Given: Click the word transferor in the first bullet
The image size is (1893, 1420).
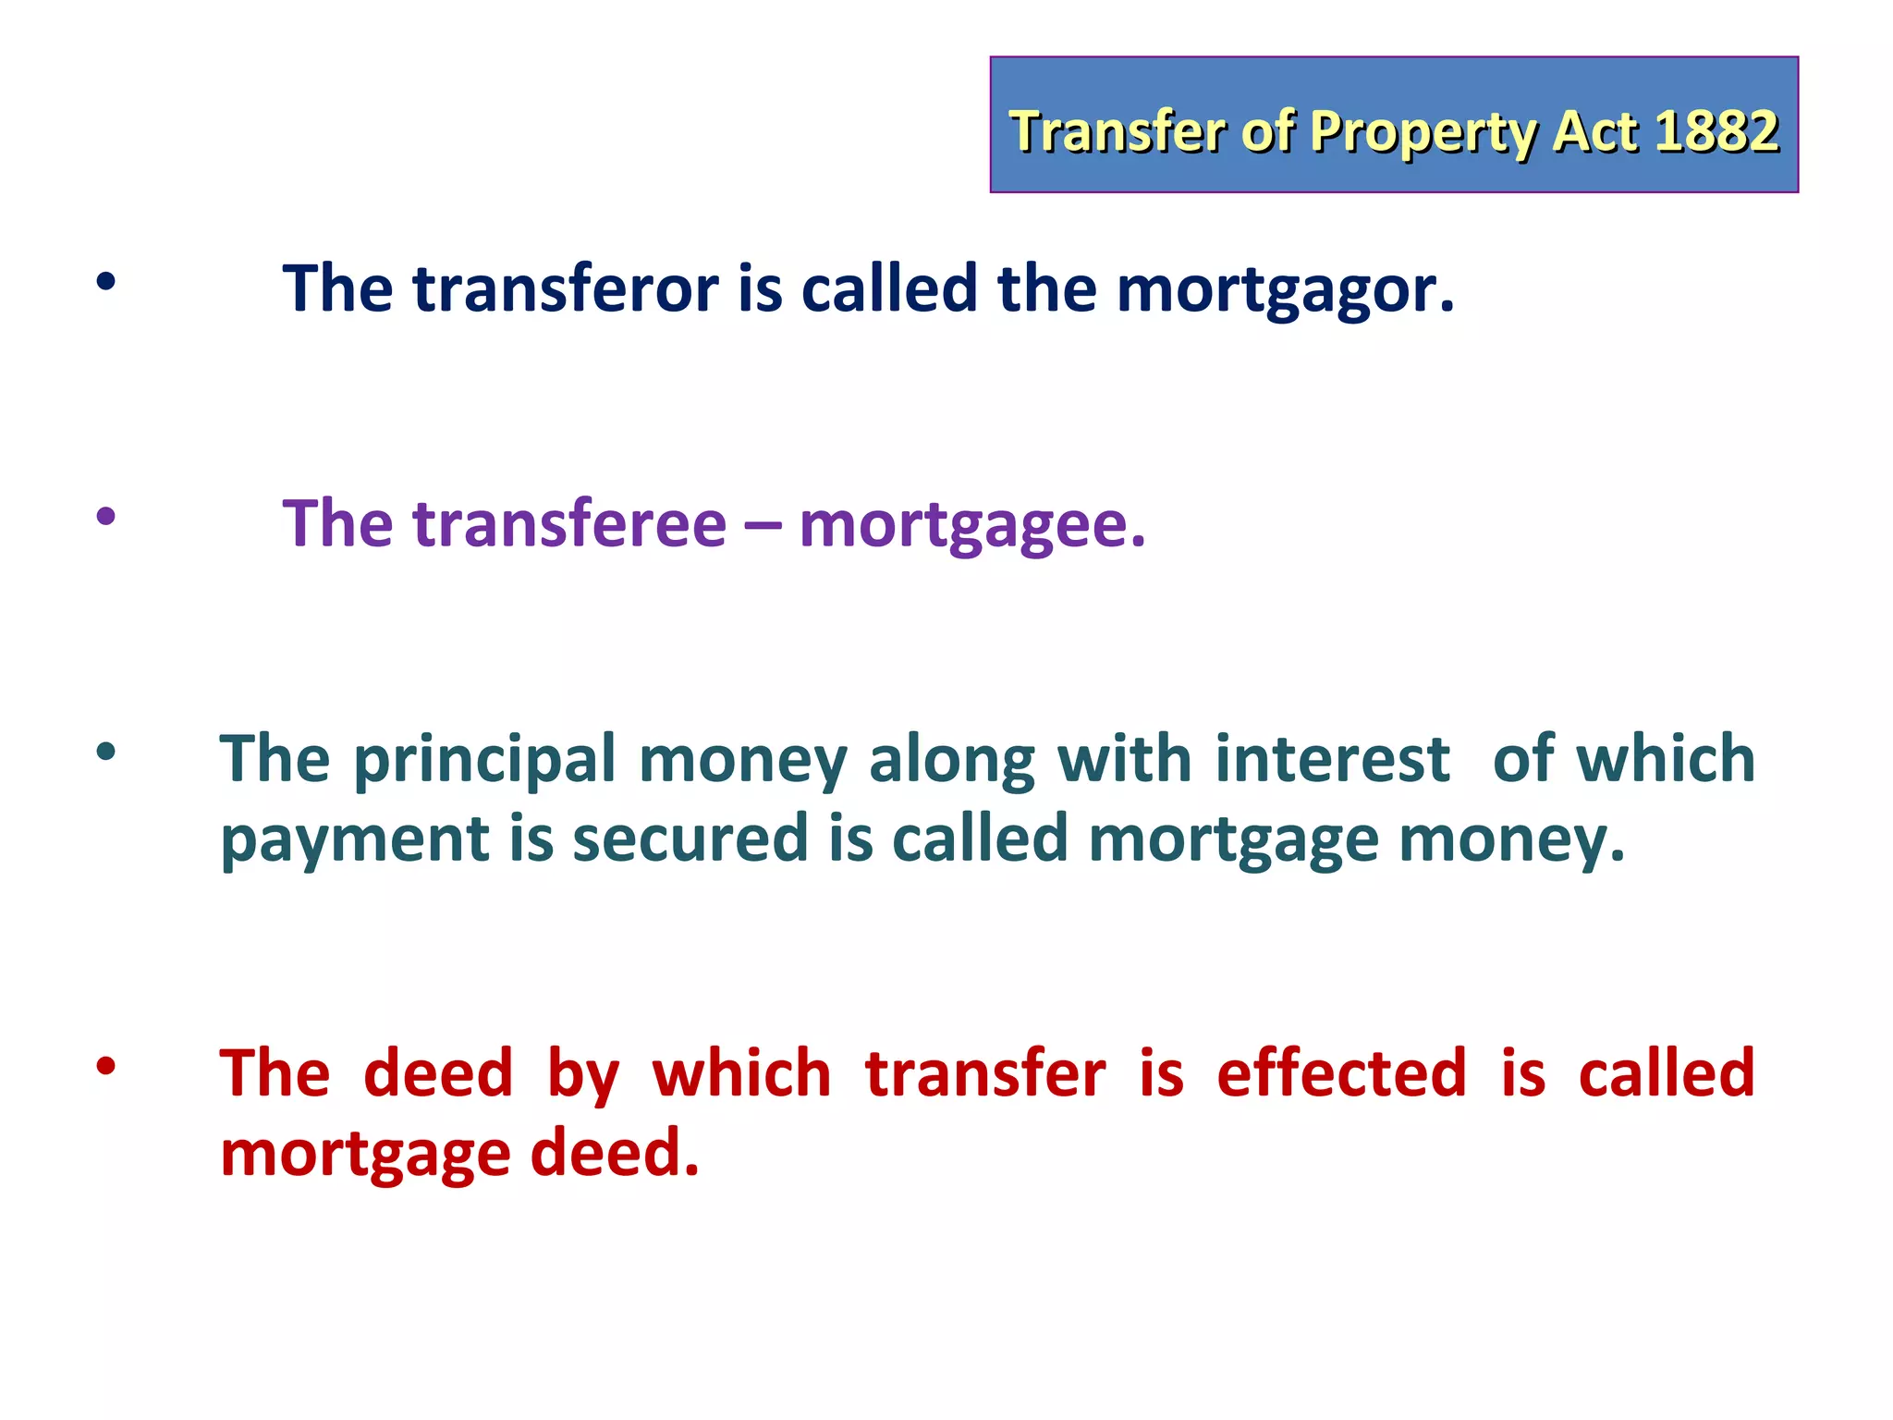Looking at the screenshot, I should click(565, 288).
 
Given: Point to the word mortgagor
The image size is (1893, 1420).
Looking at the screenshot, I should click(1285, 290).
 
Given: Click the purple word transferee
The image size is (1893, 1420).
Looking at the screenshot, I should click(568, 524).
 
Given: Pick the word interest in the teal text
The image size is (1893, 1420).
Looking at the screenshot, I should click(1332, 759).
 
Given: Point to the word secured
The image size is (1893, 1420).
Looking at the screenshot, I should click(690, 839).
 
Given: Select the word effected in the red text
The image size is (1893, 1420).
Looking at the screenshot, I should click(1341, 1073).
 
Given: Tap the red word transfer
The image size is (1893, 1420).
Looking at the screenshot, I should click(985, 1073).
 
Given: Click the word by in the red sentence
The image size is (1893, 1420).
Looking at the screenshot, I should click(582, 1075).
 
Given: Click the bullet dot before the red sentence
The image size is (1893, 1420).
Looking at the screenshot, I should click(106, 1066).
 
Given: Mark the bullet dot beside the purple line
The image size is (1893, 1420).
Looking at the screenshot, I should click(106, 516).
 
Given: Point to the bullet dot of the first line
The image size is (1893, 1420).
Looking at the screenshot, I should click(106, 281).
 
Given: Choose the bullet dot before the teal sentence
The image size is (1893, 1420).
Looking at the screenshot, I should click(106, 752).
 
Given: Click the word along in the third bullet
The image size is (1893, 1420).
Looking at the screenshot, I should click(951, 761).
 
